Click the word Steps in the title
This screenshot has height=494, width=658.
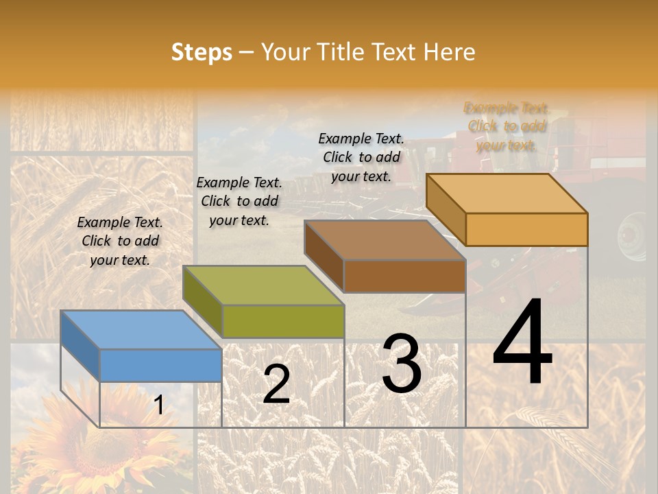pos(202,52)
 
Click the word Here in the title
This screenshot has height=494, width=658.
pos(449,52)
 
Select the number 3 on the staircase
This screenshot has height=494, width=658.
pos(402,364)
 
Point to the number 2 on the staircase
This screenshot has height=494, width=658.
pos(276,384)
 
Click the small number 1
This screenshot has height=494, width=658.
pos(159,405)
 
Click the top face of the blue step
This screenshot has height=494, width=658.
pos(141,329)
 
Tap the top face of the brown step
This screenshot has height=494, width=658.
pos(385,240)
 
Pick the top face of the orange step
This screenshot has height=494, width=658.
pos(507,193)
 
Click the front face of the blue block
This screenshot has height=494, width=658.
pos(161,365)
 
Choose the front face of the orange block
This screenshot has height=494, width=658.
pos(526,229)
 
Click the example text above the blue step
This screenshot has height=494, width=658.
pos(120,241)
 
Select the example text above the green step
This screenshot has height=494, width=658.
pos(239,201)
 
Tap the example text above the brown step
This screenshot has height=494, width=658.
pos(361,157)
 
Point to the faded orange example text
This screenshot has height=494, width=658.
pos(507,126)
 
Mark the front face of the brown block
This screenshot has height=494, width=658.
pos(404,276)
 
